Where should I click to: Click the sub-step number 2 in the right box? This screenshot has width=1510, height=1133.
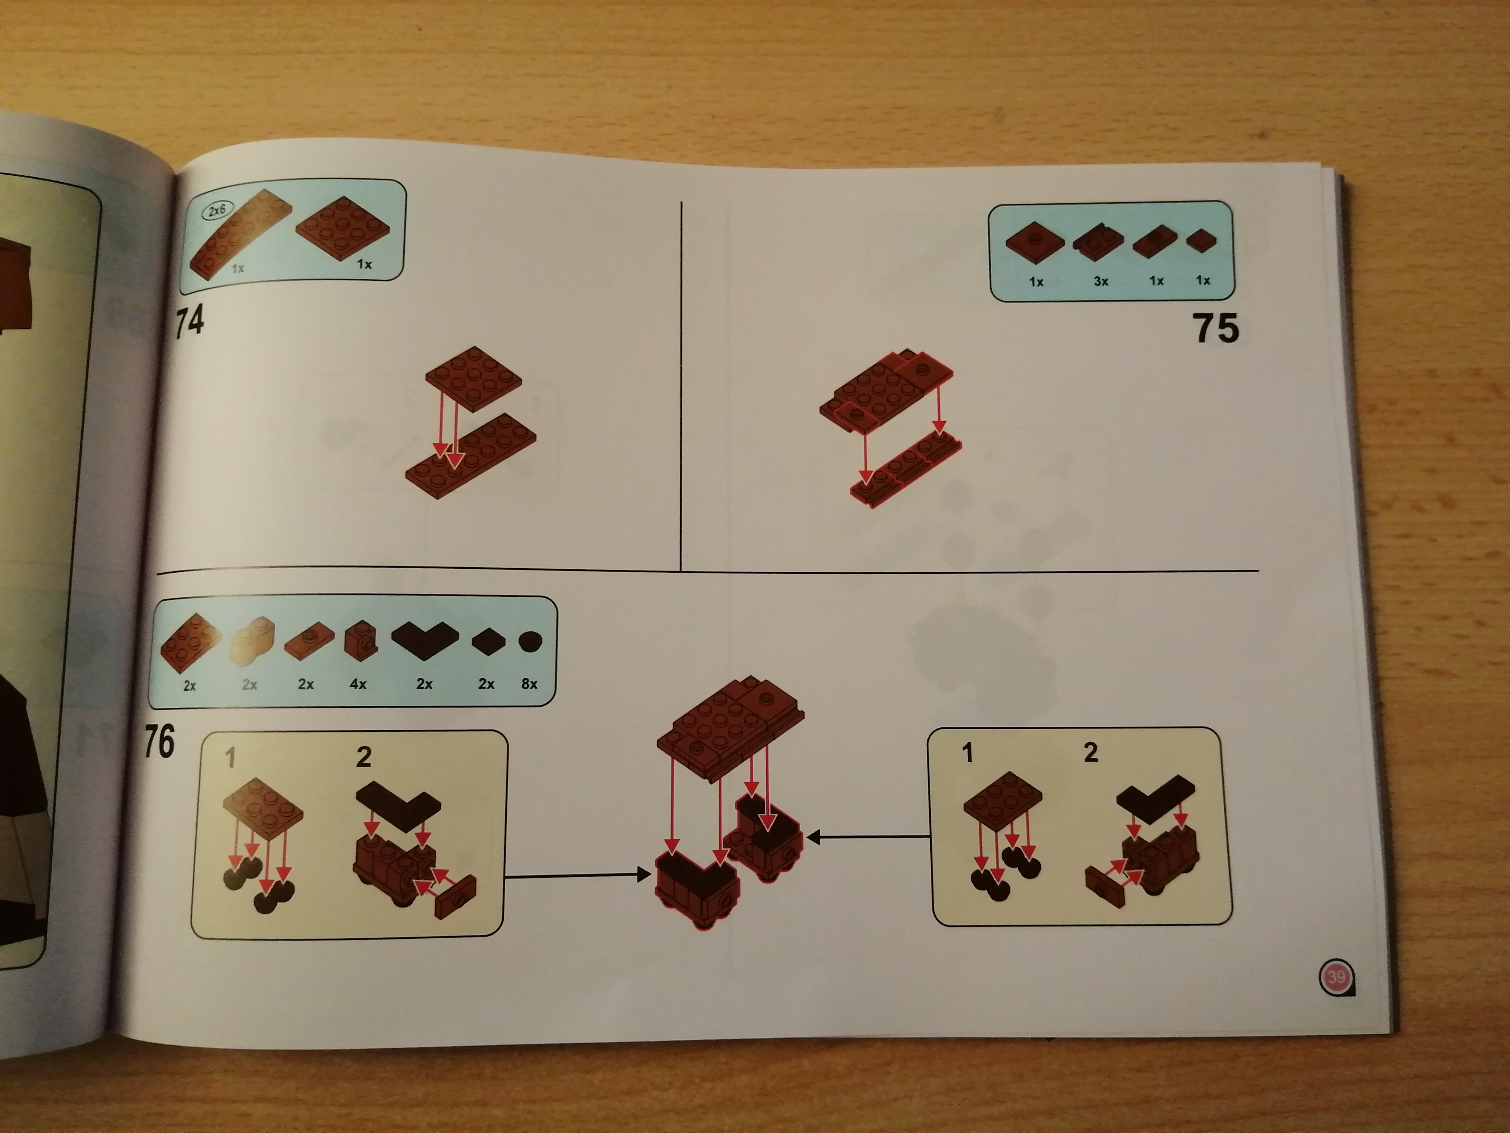click(x=1091, y=752)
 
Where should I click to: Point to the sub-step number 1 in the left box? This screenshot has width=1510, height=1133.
click(x=231, y=757)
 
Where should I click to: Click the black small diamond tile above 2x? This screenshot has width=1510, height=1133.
click(x=488, y=642)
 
